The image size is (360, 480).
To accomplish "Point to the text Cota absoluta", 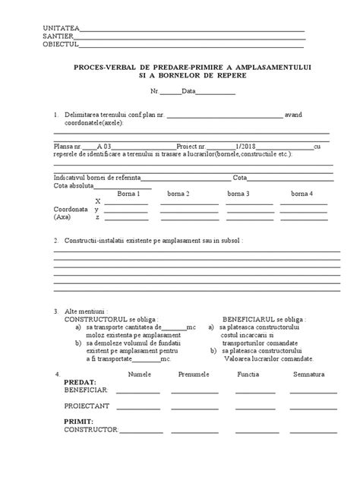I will click(x=74, y=185).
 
